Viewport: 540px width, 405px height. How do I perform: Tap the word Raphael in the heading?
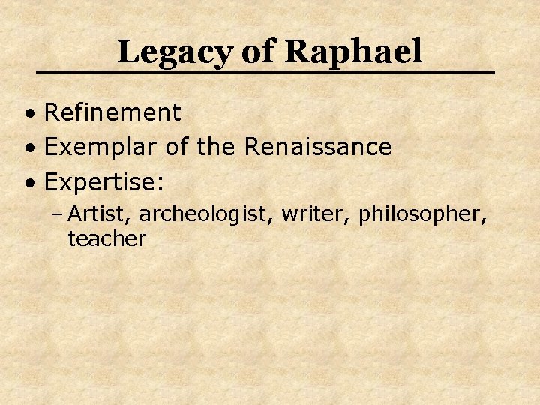(354, 52)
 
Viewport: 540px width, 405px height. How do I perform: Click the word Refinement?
(112, 113)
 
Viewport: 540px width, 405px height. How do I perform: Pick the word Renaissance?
(318, 147)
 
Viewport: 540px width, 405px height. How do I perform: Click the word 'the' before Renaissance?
(217, 147)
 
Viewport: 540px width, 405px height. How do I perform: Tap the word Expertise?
(101, 181)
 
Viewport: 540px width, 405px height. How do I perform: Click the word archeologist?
(207, 215)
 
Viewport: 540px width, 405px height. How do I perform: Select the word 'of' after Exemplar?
(177, 147)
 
